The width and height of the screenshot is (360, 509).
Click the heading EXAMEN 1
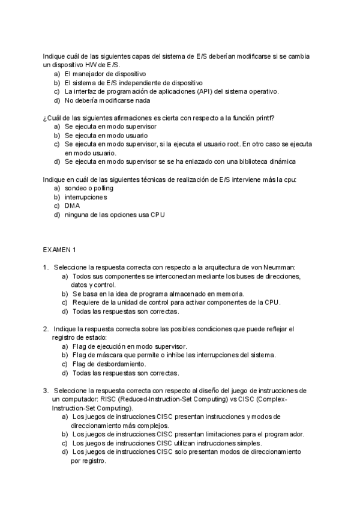click(59, 249)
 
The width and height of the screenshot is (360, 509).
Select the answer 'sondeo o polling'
click(89, 188)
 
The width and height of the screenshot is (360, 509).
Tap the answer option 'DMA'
click(73, 206)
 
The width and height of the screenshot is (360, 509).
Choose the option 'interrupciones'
click(86, 197)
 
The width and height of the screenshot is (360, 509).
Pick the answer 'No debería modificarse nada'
click(107, 100)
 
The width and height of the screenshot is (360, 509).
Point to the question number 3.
click(45, 390)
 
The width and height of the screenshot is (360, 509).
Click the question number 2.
click(45, 329)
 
